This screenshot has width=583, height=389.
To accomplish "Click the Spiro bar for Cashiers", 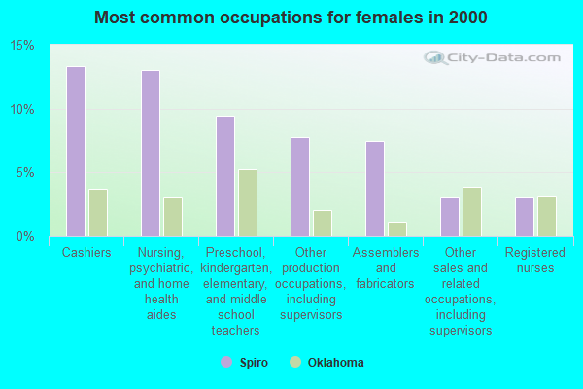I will coord(75,152).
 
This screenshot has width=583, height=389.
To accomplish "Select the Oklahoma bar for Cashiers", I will coord(98,213).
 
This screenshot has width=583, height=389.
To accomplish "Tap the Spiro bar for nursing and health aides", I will coord(150,154).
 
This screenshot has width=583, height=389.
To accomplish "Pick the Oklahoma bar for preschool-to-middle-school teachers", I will coord(248,203).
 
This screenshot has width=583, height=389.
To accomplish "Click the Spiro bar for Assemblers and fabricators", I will coord(375,189).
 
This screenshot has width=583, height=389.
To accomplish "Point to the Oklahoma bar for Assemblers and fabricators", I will coord(397,230).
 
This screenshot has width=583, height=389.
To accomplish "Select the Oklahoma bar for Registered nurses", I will coord(547,217).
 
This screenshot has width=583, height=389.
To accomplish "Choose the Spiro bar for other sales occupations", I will coord(450,217).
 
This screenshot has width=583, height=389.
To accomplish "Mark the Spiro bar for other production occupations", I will coord(300,187).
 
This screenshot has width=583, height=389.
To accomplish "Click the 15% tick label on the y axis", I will coord(22,46).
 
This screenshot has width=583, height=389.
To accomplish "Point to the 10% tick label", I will coord(22,109).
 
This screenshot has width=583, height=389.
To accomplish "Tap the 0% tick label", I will coord(25,236).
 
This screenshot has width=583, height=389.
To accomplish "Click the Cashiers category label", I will coord(86,253).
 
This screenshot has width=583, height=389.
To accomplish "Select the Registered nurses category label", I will coord(535,260).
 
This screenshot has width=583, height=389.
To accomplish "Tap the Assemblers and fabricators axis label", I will coord(386,267).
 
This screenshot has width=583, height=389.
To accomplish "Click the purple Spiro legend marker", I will coord(226,363).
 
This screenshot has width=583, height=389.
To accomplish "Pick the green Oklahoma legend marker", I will coord(294,363).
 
